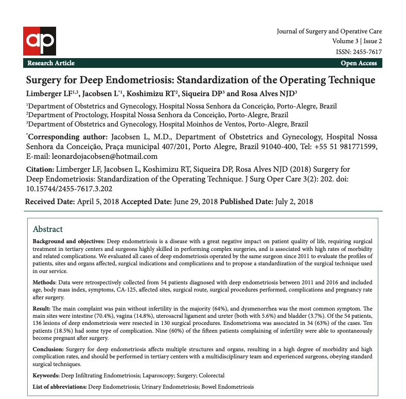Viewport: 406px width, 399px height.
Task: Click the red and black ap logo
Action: pyautogui.click(x=39, y=41)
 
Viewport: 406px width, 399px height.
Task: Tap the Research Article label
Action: pyautogui.click(x=51, y=63)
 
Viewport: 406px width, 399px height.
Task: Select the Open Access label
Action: pyautogui.click(x=358, y=63)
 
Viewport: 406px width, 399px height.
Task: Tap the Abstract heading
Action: pyautogui.click(x=48, y=229)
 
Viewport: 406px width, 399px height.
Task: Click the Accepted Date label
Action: pyautogui.click(x=146, y=202)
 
